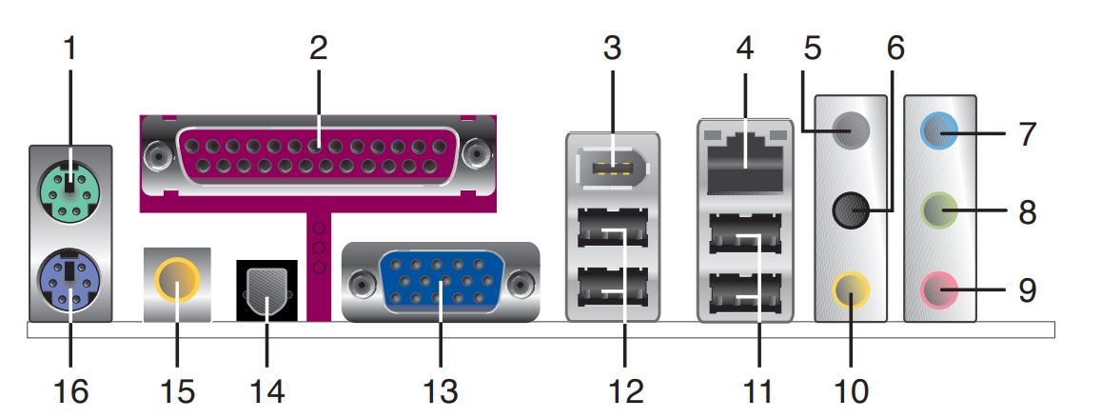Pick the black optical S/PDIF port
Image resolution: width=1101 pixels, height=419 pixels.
pos(267,290)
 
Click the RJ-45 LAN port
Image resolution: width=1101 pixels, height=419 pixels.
pos(745,163)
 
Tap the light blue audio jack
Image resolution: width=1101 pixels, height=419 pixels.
pos(939,130)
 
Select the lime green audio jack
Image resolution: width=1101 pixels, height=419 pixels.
pos(939,210)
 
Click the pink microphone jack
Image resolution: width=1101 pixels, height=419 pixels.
pos(939,289)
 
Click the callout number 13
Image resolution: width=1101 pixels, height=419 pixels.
pos(441,390)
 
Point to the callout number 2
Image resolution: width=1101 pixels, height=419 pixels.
pos(318,49)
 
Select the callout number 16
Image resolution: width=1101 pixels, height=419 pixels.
pos(71,390)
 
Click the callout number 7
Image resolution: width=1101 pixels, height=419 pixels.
pos(1027,133)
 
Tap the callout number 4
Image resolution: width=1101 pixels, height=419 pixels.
pos(745,49)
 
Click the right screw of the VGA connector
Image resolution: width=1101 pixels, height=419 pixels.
pos(521,283)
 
